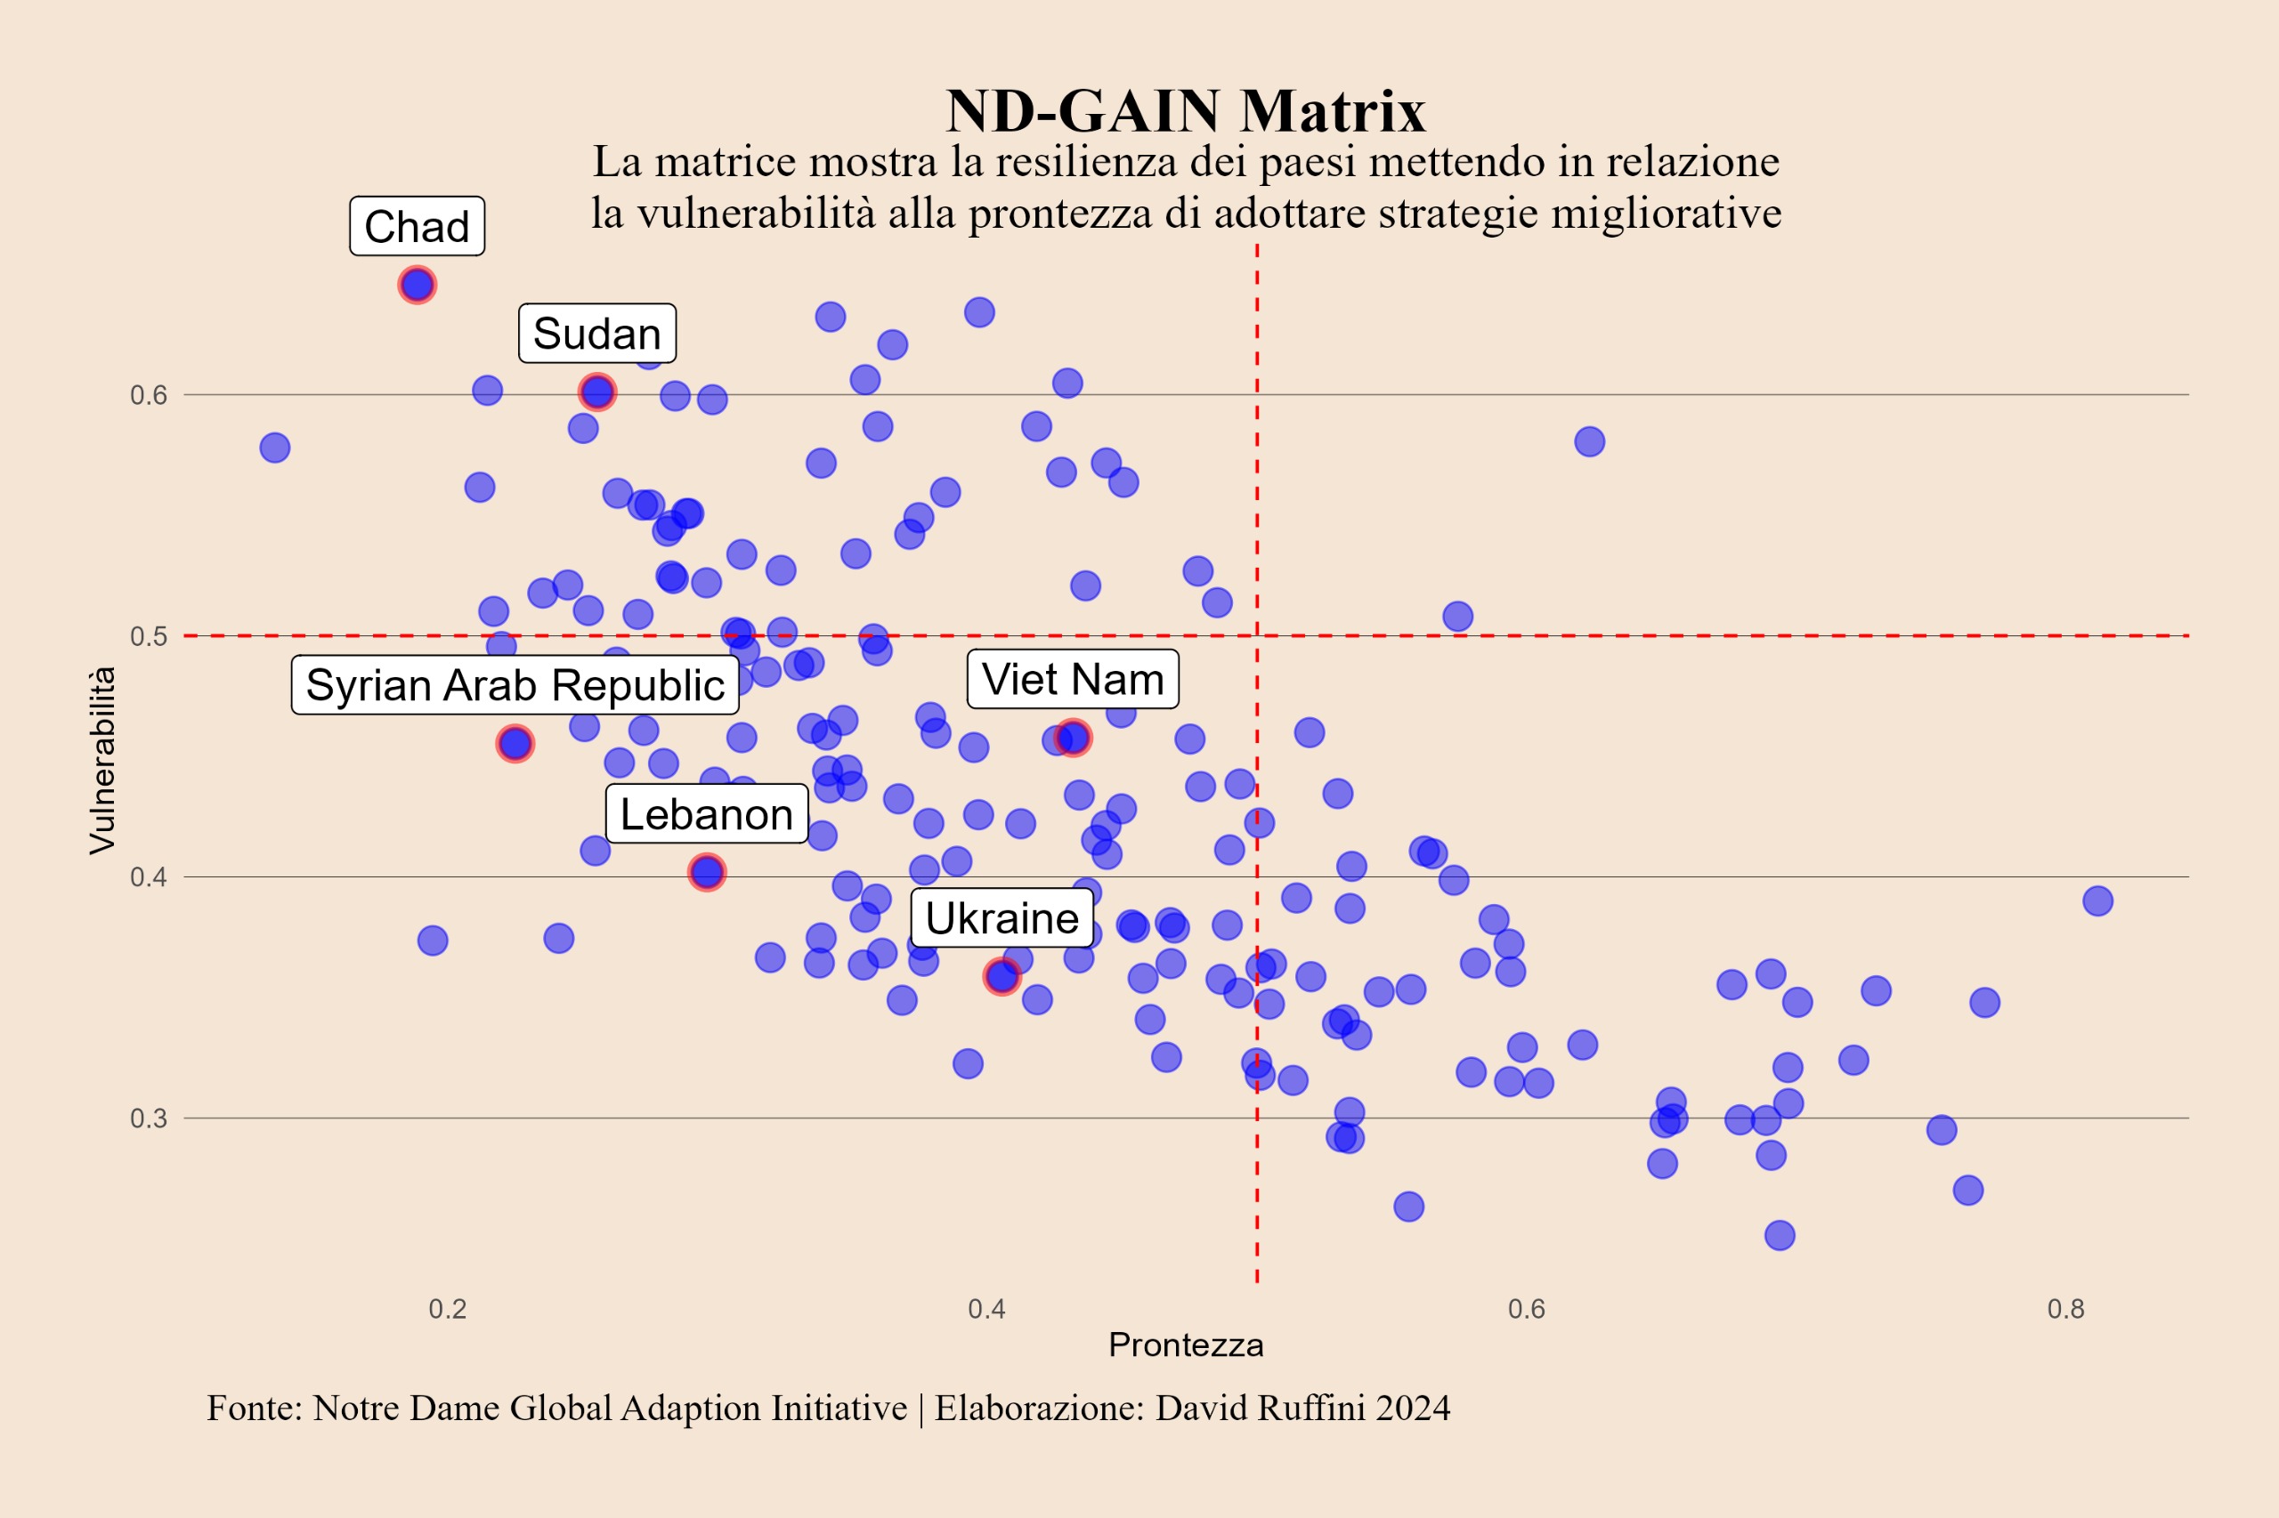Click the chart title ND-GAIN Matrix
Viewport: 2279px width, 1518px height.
pos(1186,110)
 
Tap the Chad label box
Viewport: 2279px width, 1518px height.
pos(417,227)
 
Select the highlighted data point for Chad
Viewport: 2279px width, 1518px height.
pos(417,286)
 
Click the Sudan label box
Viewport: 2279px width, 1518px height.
pos(596,334)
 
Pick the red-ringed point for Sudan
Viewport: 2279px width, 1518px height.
pos(596,392)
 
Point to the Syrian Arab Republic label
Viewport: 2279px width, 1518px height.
pos(515,685)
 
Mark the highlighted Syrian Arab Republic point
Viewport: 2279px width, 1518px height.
pos(515,744)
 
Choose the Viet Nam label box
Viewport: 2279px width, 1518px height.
pos(1072,680)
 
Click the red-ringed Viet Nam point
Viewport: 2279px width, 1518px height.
pos(1072,739)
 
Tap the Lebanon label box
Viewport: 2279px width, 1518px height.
pos(706,814)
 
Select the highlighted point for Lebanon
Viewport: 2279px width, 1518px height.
pos(706,872)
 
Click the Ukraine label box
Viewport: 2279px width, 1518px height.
pos(1002,917)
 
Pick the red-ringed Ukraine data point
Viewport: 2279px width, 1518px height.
pos(1002,977)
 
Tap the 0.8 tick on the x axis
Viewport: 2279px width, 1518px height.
pos(2066,1310)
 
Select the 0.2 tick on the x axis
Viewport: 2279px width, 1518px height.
pos(448,1310)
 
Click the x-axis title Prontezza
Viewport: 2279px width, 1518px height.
pos(1186,1345)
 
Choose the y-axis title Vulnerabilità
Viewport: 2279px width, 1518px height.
pos(101,761)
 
